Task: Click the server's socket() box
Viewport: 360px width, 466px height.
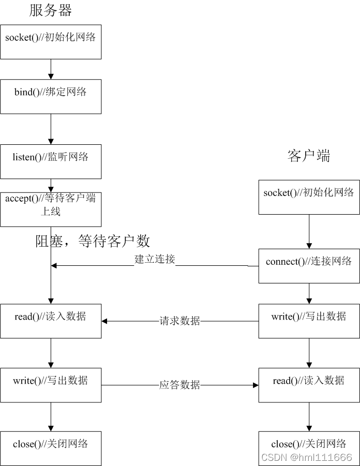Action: tap(51, 41)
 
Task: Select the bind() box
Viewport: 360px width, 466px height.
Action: tap(51, 96)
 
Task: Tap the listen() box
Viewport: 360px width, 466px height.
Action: tap(51, 161)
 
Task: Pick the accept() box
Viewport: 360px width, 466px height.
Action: tap(51, 209)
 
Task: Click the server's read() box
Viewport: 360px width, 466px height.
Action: tap(51, 321)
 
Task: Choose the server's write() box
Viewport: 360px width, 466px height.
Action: tap(51, 385)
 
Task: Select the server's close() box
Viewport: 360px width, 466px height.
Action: tap(51, 448)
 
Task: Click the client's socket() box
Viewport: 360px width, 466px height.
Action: tap(309, 197)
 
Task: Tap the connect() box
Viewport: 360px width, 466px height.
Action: tap(309, 266)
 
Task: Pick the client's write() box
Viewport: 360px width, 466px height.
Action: tap(309, 321)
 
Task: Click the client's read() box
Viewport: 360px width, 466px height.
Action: tap(309, 385)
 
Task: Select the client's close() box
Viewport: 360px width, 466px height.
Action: tap(309, 448)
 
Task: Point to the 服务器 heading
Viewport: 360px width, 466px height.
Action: tap(51, 10)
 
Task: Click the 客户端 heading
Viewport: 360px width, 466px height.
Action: tap(309, 156)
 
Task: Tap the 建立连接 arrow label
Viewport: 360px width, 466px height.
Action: tap(155, 260)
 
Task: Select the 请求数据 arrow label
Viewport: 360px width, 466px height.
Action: tap(179, 321)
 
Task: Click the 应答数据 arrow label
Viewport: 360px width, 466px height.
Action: tap(179, 385)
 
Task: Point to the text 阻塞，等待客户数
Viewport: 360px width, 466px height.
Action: tap(93, 240)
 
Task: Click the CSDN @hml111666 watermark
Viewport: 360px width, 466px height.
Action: tap(307, 458)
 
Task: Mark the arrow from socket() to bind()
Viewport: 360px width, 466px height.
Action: tap(51, 69)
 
